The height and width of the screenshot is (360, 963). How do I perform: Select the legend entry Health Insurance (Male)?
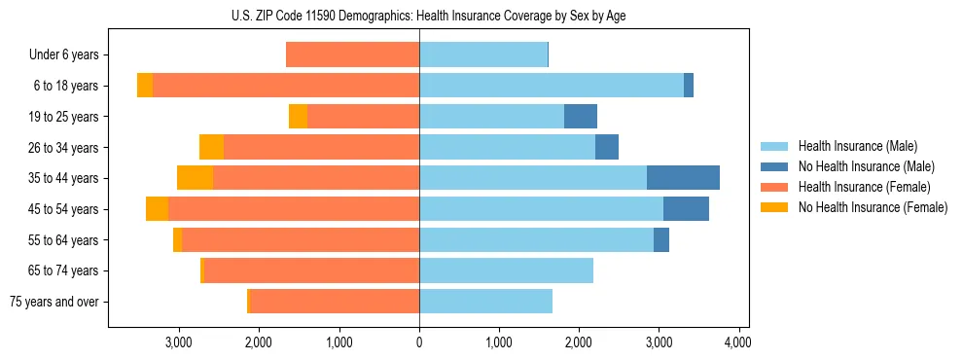click(852, 146)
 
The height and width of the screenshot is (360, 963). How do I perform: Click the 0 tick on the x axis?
click(419, 342)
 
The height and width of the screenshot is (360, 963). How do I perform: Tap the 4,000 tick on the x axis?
click(737, 342)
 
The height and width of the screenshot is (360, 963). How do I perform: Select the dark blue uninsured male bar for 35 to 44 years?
click(683, 178)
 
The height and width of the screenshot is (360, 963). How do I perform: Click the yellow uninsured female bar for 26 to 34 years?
click(211, 147)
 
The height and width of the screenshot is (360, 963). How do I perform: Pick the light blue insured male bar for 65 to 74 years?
click(506, 270)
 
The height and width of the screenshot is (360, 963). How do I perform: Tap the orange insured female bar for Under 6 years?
click(352, 54)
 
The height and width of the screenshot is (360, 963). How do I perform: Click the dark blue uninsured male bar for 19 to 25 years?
click(581, 117)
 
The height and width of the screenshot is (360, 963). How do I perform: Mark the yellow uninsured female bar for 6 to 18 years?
click(145, 86)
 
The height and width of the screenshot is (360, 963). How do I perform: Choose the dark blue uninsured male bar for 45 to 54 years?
click(686, 209)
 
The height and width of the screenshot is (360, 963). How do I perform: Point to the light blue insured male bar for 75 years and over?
click(485, 302)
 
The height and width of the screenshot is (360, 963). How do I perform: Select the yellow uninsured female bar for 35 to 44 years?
click(195, 178)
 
